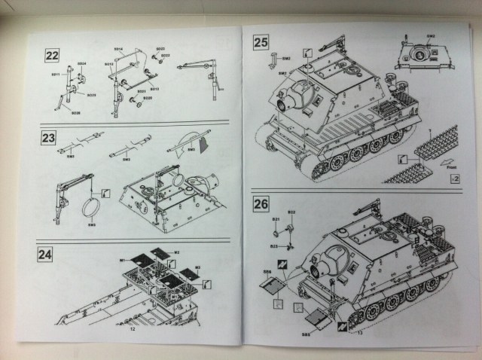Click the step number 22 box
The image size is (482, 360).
pos(53,54)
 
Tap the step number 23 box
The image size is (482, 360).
pos(49,139)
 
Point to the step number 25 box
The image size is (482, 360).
pos(261,42)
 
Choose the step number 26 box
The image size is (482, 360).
pos(261,204)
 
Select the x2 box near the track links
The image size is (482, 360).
pos(453,178)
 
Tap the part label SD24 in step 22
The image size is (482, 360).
pos(82,63)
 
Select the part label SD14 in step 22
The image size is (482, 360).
pos(118,49)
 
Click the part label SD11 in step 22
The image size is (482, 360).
pos(55,74)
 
